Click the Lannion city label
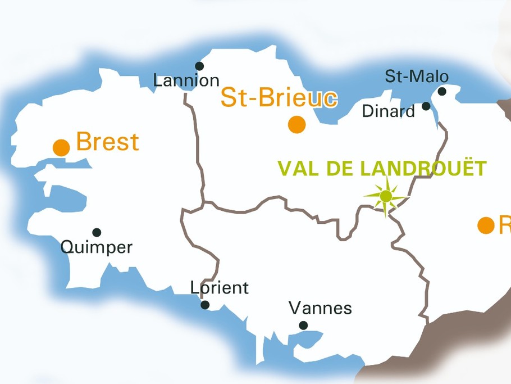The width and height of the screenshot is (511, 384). pos(186,81)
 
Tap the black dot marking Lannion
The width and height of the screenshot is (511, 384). pos(199,66)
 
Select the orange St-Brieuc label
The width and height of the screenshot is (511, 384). pos(279,98)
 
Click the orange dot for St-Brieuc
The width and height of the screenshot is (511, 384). pos(297,124)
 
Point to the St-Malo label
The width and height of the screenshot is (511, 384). pos(417,76)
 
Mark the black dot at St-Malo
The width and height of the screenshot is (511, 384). pos(442,92)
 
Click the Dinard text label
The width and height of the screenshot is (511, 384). pos(389,111)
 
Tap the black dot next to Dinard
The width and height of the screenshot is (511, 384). pos(426,106)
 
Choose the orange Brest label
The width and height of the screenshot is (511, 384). pos(107,142)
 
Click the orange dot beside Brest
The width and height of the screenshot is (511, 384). pos(61,148)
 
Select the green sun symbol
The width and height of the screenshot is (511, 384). pos(386,196)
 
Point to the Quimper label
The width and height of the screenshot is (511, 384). pos(96,247)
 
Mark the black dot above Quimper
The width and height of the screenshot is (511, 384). pos(97,232)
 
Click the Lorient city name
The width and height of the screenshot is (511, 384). pos(219,288)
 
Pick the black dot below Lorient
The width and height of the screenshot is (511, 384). pos(205,305)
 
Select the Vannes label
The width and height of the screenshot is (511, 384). pos(320,308)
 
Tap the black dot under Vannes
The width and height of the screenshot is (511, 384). pos(303,325)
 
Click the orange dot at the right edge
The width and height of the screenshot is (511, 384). pos(486,225)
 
